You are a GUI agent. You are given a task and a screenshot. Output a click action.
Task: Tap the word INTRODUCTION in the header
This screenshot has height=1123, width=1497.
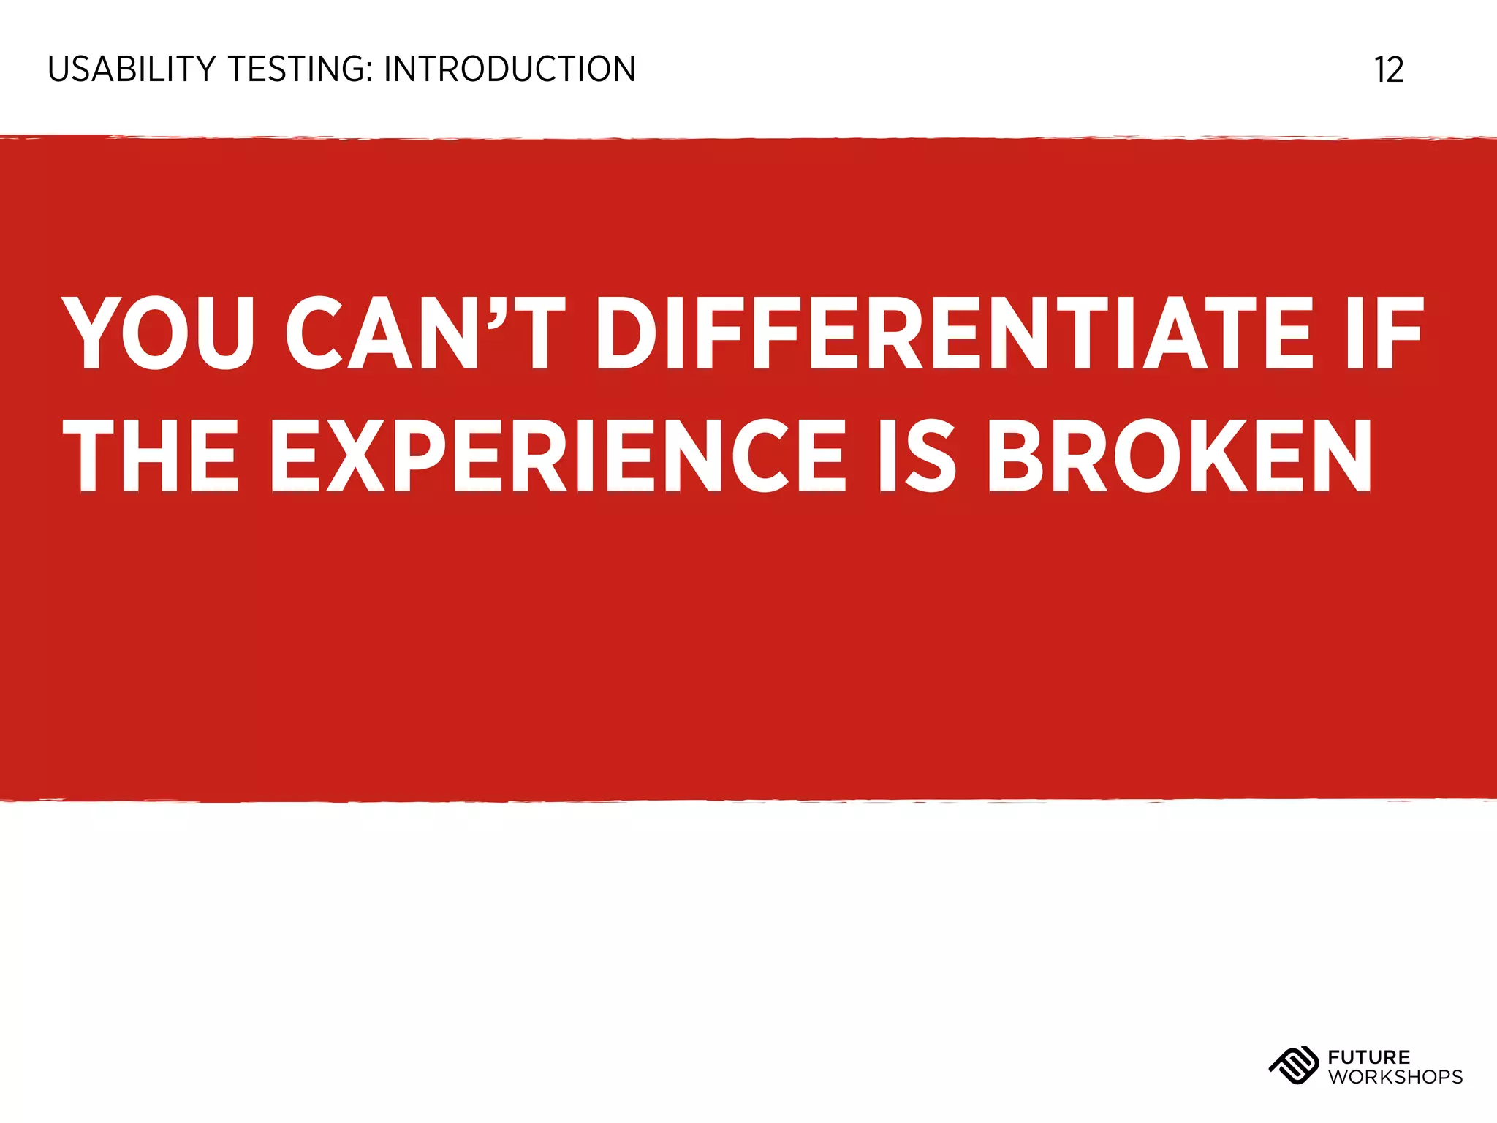[x=509, y=69]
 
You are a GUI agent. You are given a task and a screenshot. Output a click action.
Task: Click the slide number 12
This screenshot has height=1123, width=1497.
[x=1389, y=70]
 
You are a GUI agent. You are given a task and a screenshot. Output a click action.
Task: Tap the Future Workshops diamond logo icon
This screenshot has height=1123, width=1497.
[x=1293, y=1066]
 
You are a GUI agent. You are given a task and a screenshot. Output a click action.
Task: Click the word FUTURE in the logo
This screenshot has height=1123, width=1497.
[x=1369, y=1057]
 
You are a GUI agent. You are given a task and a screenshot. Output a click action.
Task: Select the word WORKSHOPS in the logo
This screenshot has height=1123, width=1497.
[x=1395, y=1077]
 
